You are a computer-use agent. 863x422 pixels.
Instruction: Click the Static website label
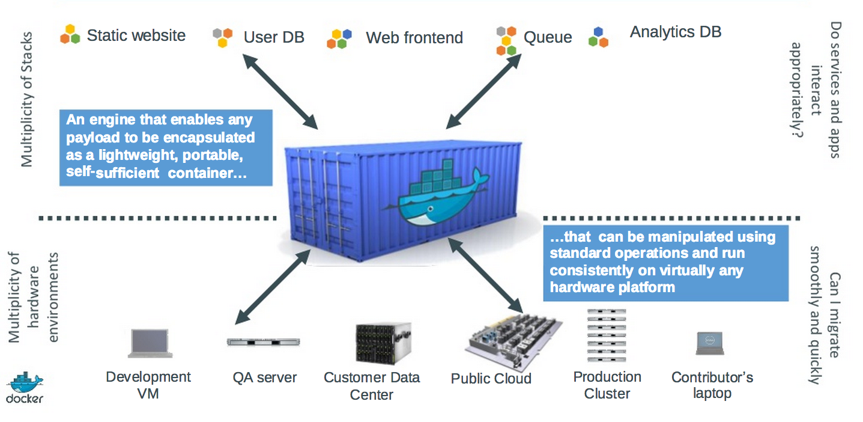(136, 35)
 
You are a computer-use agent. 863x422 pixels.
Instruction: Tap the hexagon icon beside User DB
(223, 37)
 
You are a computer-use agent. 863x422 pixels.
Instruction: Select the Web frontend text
(414, 38)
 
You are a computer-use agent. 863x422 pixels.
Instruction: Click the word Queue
(548, 38)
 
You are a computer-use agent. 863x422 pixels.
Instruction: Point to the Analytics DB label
(675, 32)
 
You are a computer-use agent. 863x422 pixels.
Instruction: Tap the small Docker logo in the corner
(25, 388)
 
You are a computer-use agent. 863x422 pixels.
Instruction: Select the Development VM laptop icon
(150, 343)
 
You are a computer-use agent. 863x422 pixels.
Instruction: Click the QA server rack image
(263, 342)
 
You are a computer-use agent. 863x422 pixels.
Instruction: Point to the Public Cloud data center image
(513, 343)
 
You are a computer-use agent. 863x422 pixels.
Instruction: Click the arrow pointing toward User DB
(279, 90)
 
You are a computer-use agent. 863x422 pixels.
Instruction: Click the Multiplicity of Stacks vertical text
(27, 99)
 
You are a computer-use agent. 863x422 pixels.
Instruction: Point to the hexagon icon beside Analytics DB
(598, 37)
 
